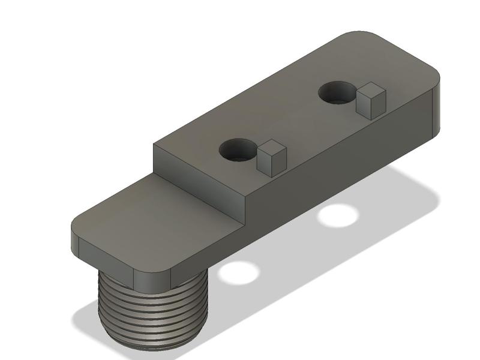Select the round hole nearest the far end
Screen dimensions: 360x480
(336, 93)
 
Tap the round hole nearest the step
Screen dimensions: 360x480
(237, 150)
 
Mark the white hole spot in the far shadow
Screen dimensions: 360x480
(336, 215)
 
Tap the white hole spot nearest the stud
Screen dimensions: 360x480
(238, 272)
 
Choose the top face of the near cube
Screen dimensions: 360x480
(271, 147)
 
